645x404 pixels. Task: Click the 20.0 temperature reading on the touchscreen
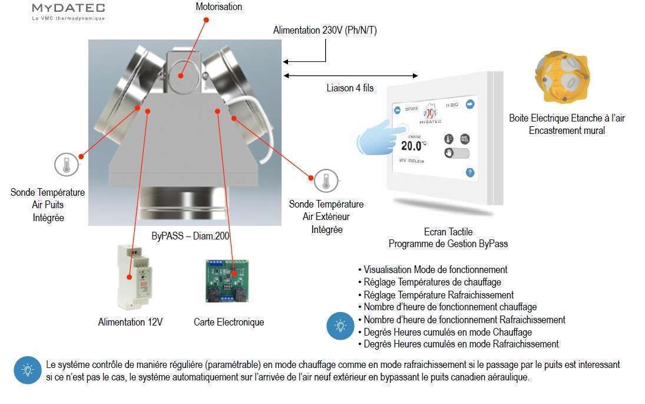point(412,145)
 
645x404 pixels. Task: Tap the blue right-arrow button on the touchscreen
point(470,104)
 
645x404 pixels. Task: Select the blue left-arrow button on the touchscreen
point(397,110)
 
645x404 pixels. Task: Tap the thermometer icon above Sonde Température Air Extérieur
point(326,181)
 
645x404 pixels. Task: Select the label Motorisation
point(219,7)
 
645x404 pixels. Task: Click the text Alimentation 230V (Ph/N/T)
point(321,30)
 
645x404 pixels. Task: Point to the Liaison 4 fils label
point(350,88)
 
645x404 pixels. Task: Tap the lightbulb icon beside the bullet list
point(340,325)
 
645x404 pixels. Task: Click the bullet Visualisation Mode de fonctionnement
point(435,270)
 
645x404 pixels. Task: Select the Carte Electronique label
point(229,322)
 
